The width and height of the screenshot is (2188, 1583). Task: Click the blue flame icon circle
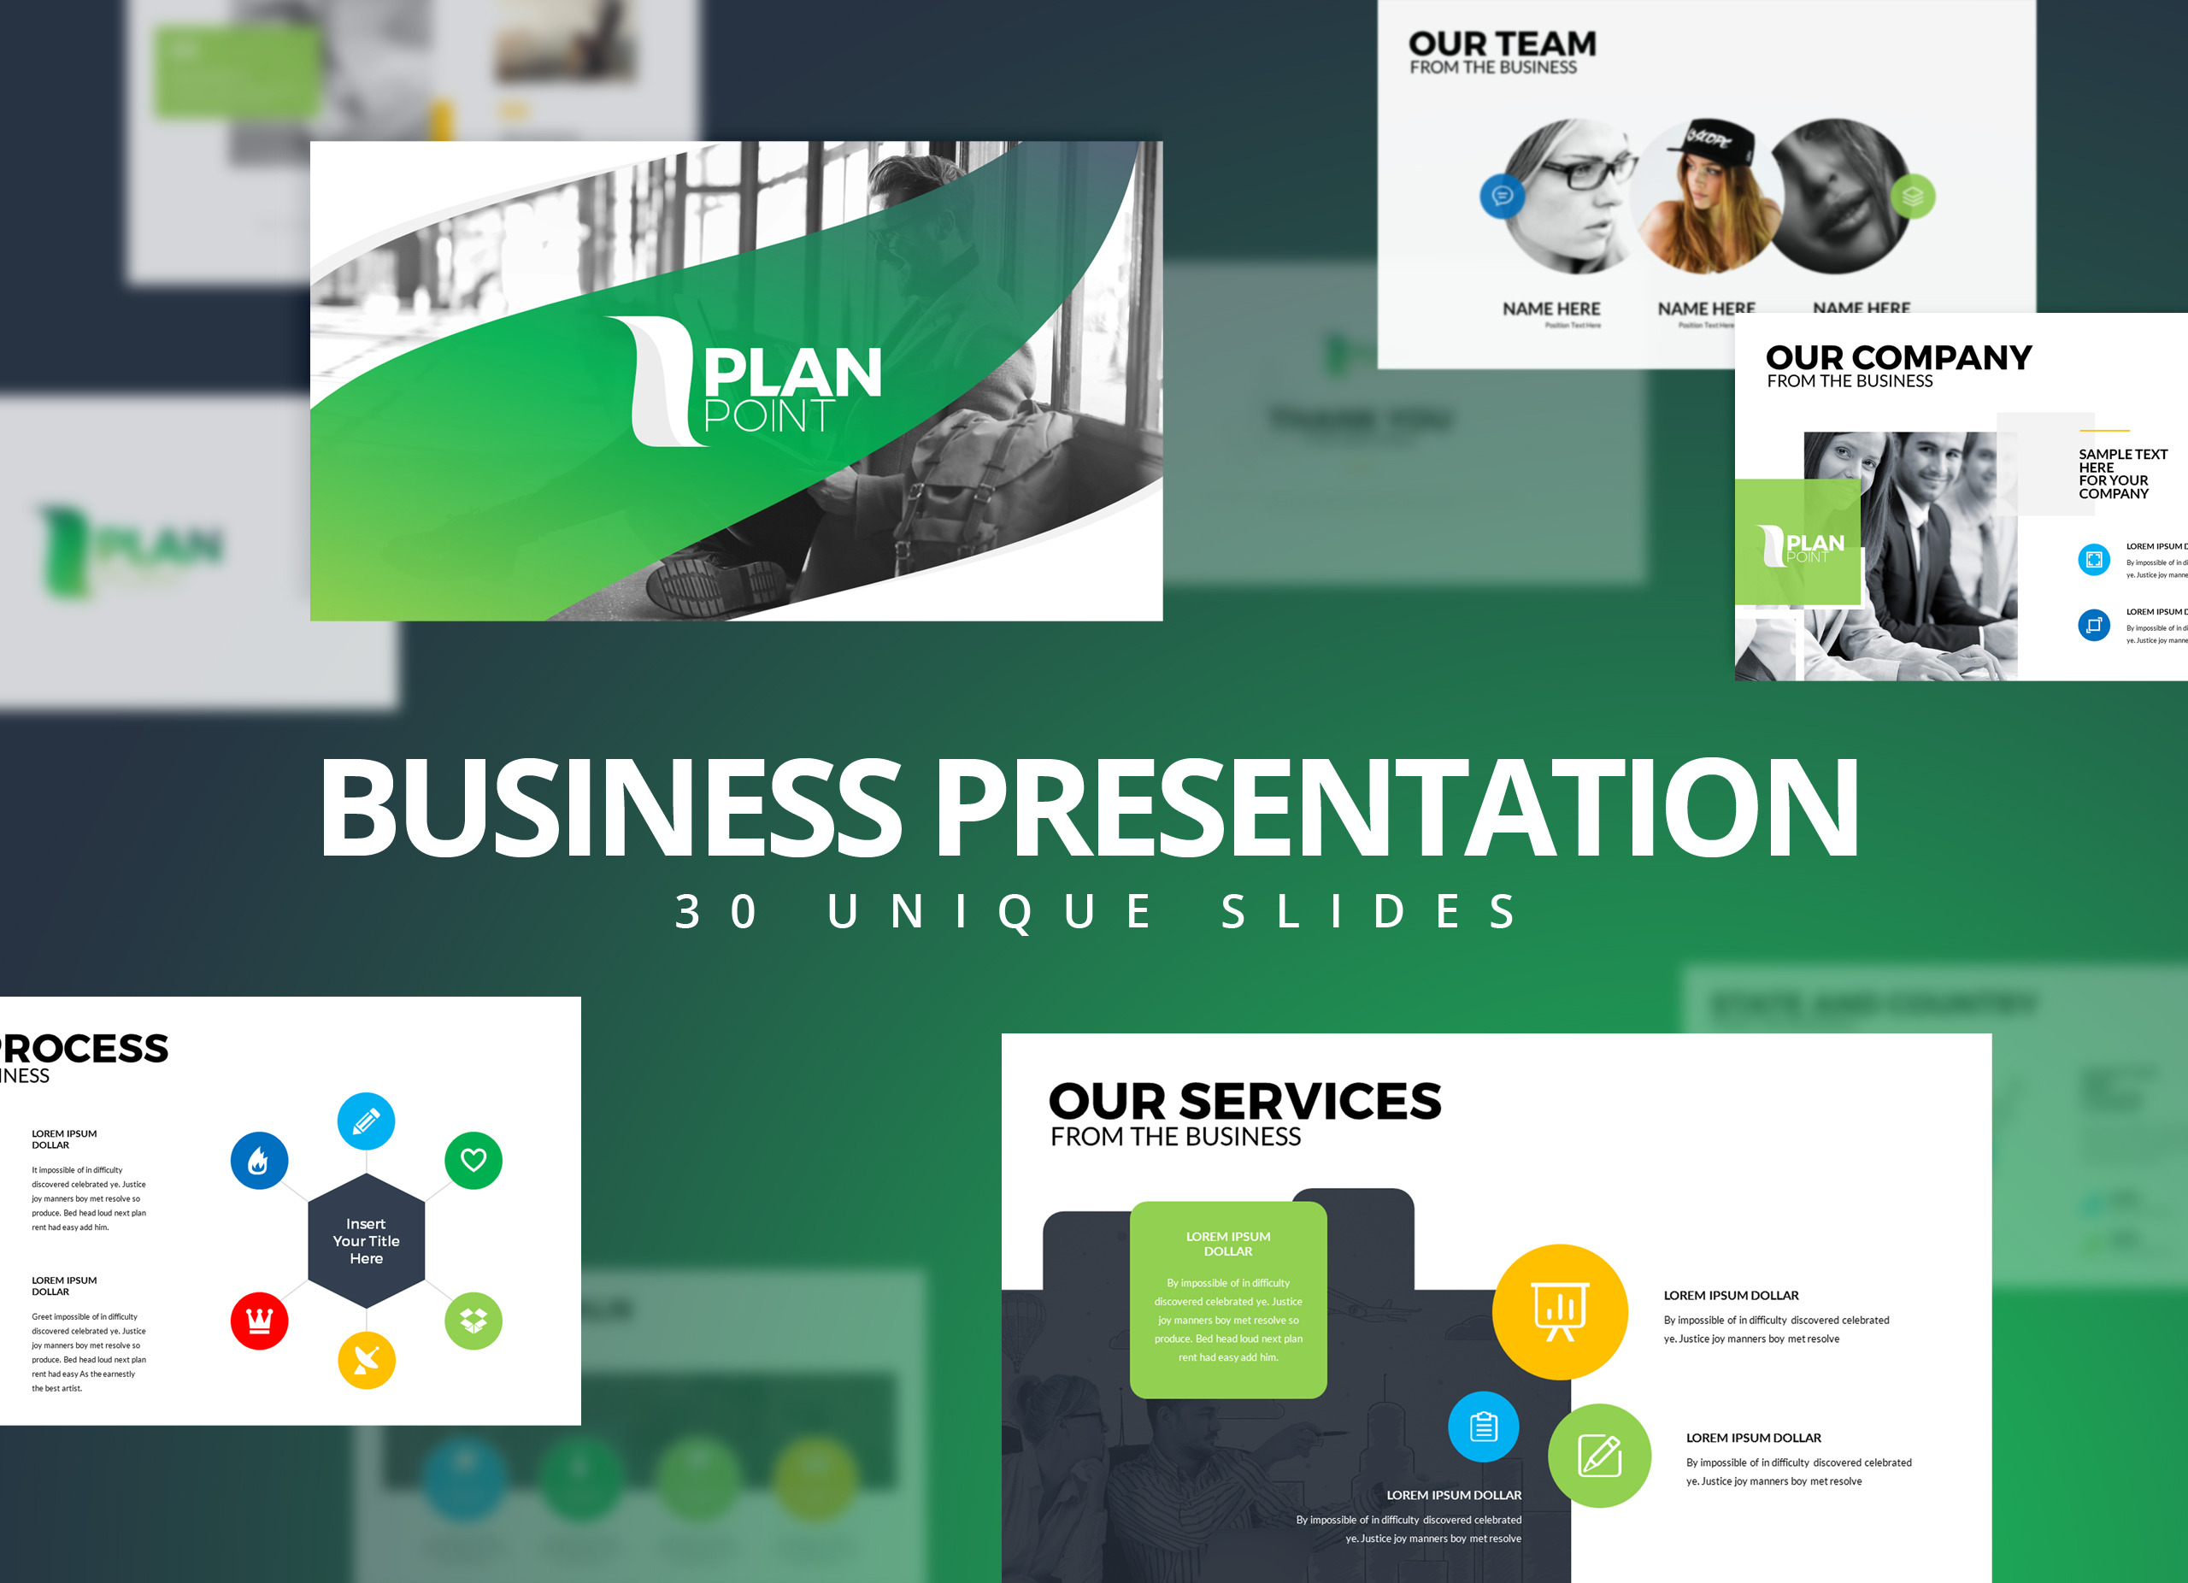click(x=259, y=1161)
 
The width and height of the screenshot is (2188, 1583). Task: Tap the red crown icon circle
click(x=259, y=1321)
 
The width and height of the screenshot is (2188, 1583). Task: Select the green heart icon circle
click(x=473, y=1160)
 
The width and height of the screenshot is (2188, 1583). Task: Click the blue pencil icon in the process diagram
click(x=366, y=1121)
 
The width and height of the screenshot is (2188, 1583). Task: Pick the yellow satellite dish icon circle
click(x=367, y=1360)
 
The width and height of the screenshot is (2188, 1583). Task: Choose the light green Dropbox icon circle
click(x=473, y=1321)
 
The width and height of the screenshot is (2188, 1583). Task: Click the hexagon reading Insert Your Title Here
click(x=367, y=1240)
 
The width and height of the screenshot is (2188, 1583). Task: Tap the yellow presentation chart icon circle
click(x=1560, y=1312)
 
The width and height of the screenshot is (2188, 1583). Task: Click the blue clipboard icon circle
click(x=1483, y=1426)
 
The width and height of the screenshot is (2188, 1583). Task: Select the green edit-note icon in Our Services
click(x=1599, y=1456)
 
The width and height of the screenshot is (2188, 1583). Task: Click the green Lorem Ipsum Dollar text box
click(x=1228, y=1298)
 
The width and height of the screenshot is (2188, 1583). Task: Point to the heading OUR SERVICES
click(x=1244, y=1102)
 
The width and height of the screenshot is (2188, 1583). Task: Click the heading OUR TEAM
click(x=1502, y=44)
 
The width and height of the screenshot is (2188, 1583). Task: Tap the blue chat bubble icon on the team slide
click(x=1502, y=197)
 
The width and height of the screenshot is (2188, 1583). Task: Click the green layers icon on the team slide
click(x=1912, y=197)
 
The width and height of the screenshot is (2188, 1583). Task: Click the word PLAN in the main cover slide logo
click(x=793, y=374)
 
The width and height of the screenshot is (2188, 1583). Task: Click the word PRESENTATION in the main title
click(x=1396, y=808)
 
